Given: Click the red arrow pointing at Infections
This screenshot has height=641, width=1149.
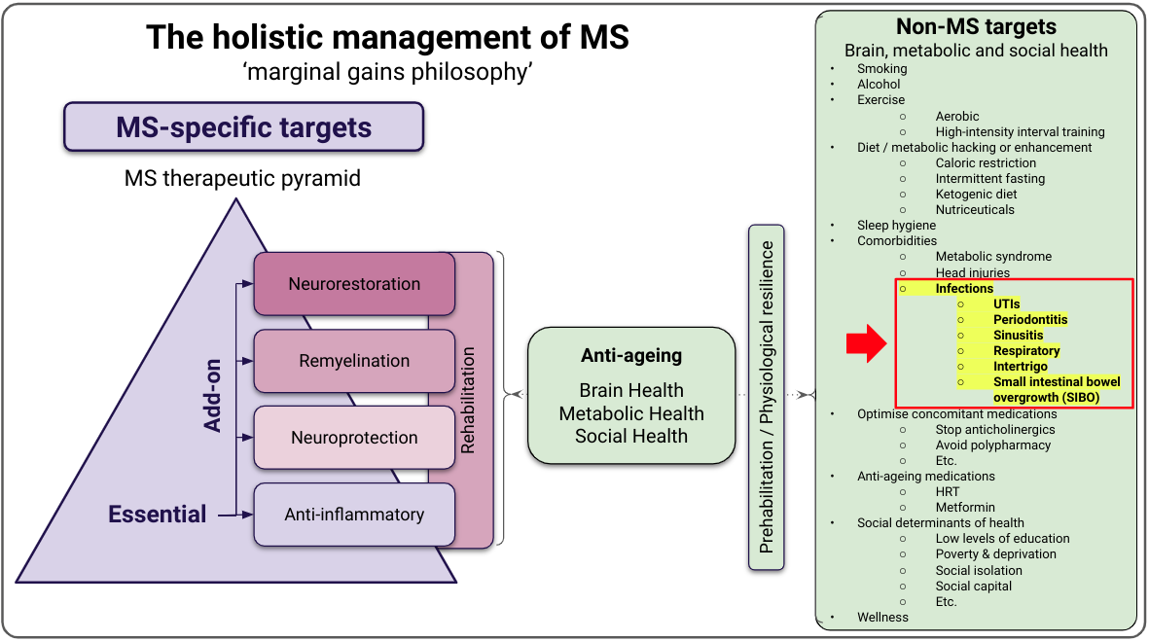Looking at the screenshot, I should (864, 341).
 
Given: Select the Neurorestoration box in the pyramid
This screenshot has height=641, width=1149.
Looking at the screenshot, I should (354, 284).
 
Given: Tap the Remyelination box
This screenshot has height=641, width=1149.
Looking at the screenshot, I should (354, 361).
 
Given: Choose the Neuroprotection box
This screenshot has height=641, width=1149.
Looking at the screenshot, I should (354, 438).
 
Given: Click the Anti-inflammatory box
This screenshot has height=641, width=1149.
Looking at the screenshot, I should (354, 514).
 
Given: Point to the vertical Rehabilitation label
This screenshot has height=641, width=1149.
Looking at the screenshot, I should (468, 400).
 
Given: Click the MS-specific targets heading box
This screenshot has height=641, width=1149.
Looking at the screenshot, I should (243, 127).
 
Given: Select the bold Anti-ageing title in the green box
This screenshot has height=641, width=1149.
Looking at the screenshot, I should (630, 356).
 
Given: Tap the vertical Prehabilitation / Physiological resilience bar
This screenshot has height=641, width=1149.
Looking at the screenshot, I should (768, 397).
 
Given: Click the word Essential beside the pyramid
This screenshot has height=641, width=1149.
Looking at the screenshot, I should (158, 514).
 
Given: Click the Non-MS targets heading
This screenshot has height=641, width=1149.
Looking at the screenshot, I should (976, 27).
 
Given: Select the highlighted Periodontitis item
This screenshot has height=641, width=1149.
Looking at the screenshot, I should (1029, 320).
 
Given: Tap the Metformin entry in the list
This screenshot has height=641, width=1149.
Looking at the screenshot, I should (965, 508).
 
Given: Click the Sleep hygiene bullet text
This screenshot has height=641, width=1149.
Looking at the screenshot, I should (896, 226).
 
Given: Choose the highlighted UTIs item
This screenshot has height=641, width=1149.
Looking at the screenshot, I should (1006, 304).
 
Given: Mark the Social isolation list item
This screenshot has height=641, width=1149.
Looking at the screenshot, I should (979, 570).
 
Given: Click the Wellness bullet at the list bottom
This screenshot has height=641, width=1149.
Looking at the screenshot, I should (882, 617).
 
